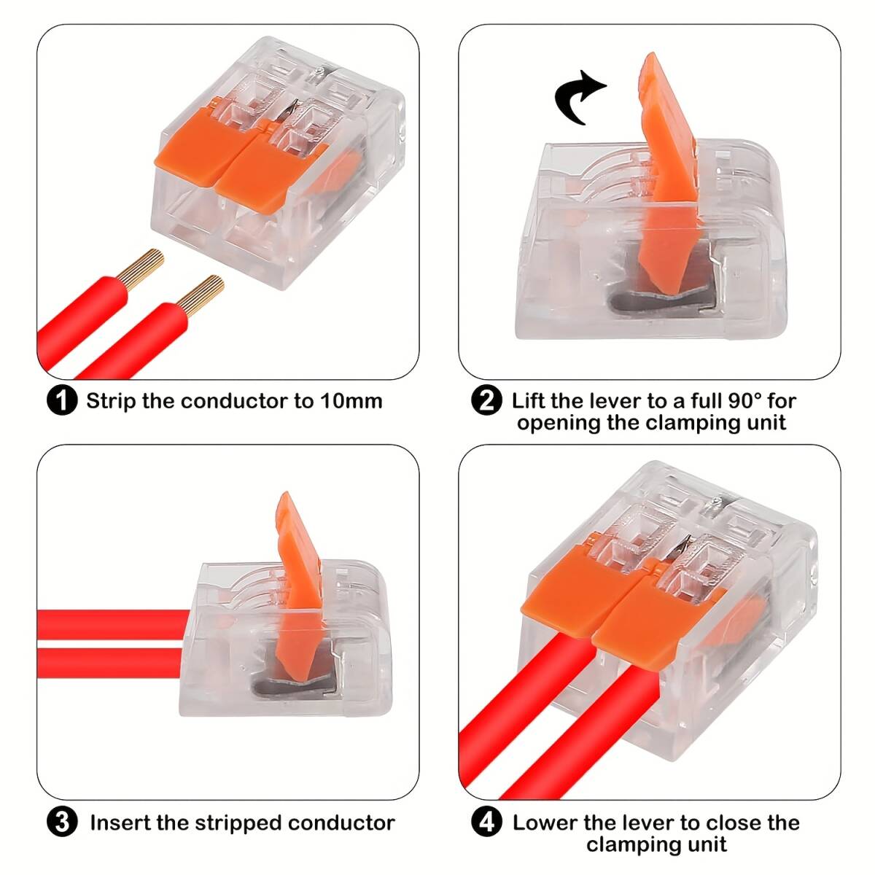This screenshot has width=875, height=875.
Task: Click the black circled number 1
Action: click(62, 400)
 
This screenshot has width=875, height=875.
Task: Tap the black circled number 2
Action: click(487, 400)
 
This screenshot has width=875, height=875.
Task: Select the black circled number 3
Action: click(62, 822)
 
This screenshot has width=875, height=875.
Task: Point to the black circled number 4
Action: click(487, 822)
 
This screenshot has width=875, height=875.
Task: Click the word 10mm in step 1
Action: click(351, 401)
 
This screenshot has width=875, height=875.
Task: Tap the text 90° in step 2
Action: click(742, 400)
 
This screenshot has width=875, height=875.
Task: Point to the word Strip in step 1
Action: click(112, 402)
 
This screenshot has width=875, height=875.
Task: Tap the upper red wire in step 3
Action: click(114, 624)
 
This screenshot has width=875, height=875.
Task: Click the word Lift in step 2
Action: click(528, 400)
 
